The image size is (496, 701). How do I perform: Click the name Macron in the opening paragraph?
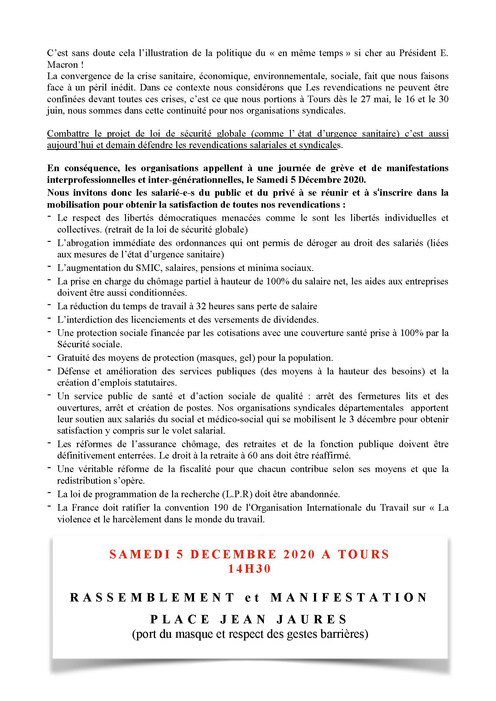[60, 65]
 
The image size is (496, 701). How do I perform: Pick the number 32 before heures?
[202, 306]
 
